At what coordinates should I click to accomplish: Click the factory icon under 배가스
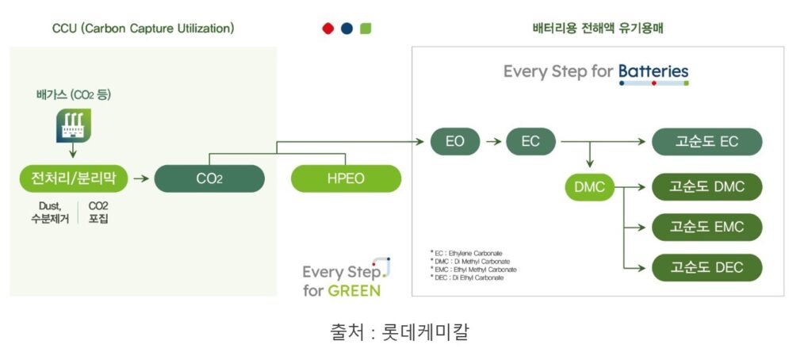(x=73, y=125)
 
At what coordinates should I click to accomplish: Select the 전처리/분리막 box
(x=74, y=178)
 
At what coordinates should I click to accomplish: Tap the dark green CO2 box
(x=209, y=178)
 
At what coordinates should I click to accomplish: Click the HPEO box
(x=346, y=178)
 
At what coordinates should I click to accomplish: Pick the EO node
(x=455, y=141)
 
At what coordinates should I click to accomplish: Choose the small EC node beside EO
(x=530, y=141)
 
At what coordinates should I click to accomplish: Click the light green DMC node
(x=590, y=186)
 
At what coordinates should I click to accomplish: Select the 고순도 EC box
(x=707, y=141)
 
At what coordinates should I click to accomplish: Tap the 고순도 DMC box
(x=707, y=186)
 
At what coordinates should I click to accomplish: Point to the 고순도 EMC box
(x=707, y=227)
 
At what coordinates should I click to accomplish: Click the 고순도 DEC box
(x=707, y=268)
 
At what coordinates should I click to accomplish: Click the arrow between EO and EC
(x=493, y=141)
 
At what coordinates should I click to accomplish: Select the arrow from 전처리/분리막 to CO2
(x=141, y=178)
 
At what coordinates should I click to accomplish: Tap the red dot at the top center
(x=327, y=29)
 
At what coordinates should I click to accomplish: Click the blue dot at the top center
(x=347, y=29)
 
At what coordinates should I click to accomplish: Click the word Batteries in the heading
(x=653, y=71)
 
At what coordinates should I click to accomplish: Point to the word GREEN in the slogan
(x=354, y=290)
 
